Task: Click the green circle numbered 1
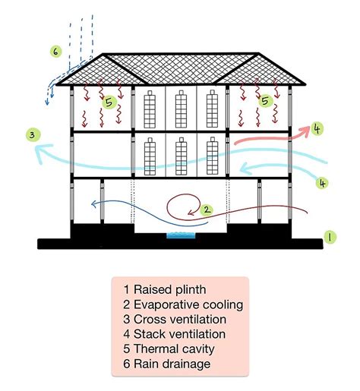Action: point(329,237)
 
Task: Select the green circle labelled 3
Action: point(31,136)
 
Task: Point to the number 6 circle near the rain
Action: point(55,52)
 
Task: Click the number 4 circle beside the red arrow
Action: point(317,128)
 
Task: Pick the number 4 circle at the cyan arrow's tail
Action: point(323,183)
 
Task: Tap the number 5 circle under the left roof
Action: point(109,101)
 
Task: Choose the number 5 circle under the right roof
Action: point(265,100)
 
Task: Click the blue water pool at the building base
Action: point(180,237)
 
